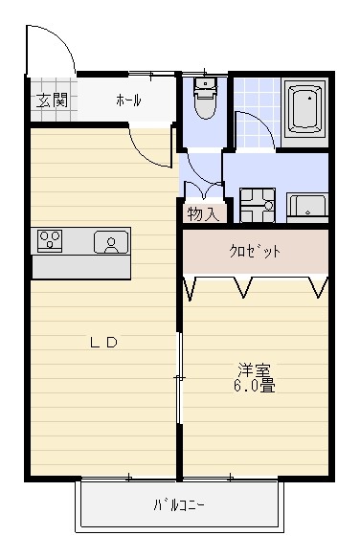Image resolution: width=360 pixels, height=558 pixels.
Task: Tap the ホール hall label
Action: pos(128,100)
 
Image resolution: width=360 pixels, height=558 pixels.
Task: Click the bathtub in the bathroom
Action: pos(306,107)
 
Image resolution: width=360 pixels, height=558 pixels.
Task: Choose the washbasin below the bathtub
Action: pos(307,205)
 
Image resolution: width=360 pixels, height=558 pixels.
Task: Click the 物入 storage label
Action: pos(203,213)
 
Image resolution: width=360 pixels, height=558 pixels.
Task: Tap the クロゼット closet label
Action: pos(255,252)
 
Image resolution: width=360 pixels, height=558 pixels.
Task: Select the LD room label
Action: pos(103,343)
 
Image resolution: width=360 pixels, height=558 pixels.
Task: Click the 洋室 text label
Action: pos(254,370)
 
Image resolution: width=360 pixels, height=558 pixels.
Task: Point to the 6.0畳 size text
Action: pos(254,387)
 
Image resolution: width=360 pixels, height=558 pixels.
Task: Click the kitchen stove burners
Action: pos(51,240)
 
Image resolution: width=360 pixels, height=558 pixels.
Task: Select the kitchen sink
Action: pos(111,242)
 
